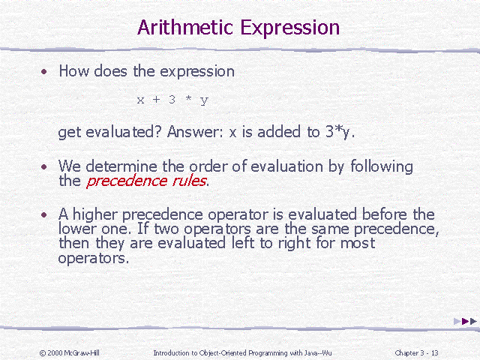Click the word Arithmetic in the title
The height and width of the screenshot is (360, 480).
click(185, 28)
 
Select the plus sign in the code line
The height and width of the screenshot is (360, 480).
click(157, 100)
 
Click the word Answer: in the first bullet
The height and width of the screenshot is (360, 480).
click(195, 132)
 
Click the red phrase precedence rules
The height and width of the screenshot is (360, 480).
click(147, 181)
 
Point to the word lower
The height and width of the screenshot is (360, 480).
click(75, 228)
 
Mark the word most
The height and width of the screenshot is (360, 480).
click(357, 243)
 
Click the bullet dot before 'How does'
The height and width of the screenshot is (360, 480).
click(44, 72)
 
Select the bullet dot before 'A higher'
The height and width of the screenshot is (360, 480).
click(44, 215)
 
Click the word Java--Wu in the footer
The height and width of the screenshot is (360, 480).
click(316, 352)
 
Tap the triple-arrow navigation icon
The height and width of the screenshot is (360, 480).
click(465, 321)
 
